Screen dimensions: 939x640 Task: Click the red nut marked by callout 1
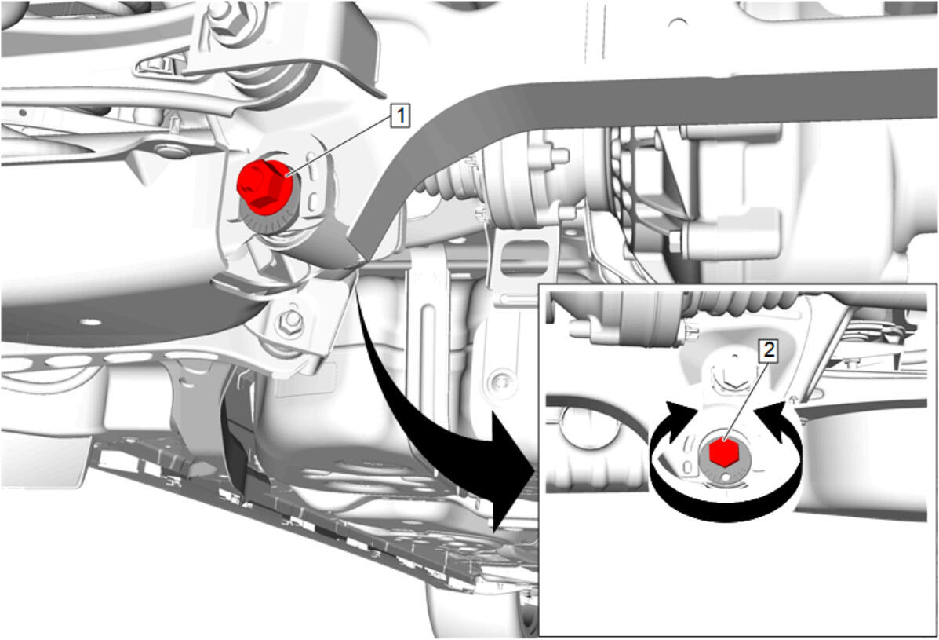(x=264, y=186)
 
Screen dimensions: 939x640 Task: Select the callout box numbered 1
(x=400, y=115)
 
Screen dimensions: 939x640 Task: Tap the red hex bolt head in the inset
(x=723, y=453)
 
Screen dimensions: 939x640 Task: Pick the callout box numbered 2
(x=768, y=350)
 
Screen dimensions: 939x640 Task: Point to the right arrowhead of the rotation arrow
(x=773, y=419)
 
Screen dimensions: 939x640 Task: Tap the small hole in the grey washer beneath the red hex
(x=726, y=477)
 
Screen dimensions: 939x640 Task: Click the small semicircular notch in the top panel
(x=677, y=23)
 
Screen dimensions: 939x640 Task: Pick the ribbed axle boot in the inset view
(x=743, y=302)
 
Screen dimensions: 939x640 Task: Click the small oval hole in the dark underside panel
(x=90, y=322)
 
